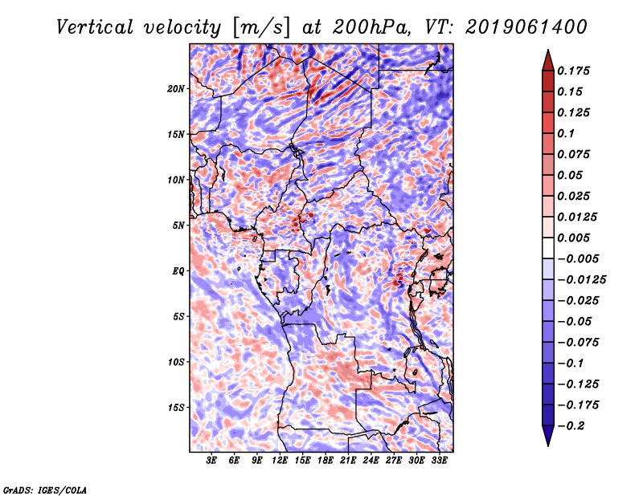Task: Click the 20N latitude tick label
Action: [176, 88]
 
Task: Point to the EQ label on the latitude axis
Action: [178, 270]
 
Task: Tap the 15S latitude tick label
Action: [176, 407]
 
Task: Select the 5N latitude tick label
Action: [178, 225]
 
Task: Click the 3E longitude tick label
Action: [212, 461]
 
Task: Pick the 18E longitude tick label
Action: [326, 461]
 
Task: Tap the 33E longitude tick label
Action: [439, 461]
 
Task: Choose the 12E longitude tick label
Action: [280, 461]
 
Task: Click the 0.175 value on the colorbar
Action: [576, 71]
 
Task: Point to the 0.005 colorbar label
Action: [576, 238]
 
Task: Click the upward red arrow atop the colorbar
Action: [547, 59]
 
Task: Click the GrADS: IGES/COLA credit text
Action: [45, 489]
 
